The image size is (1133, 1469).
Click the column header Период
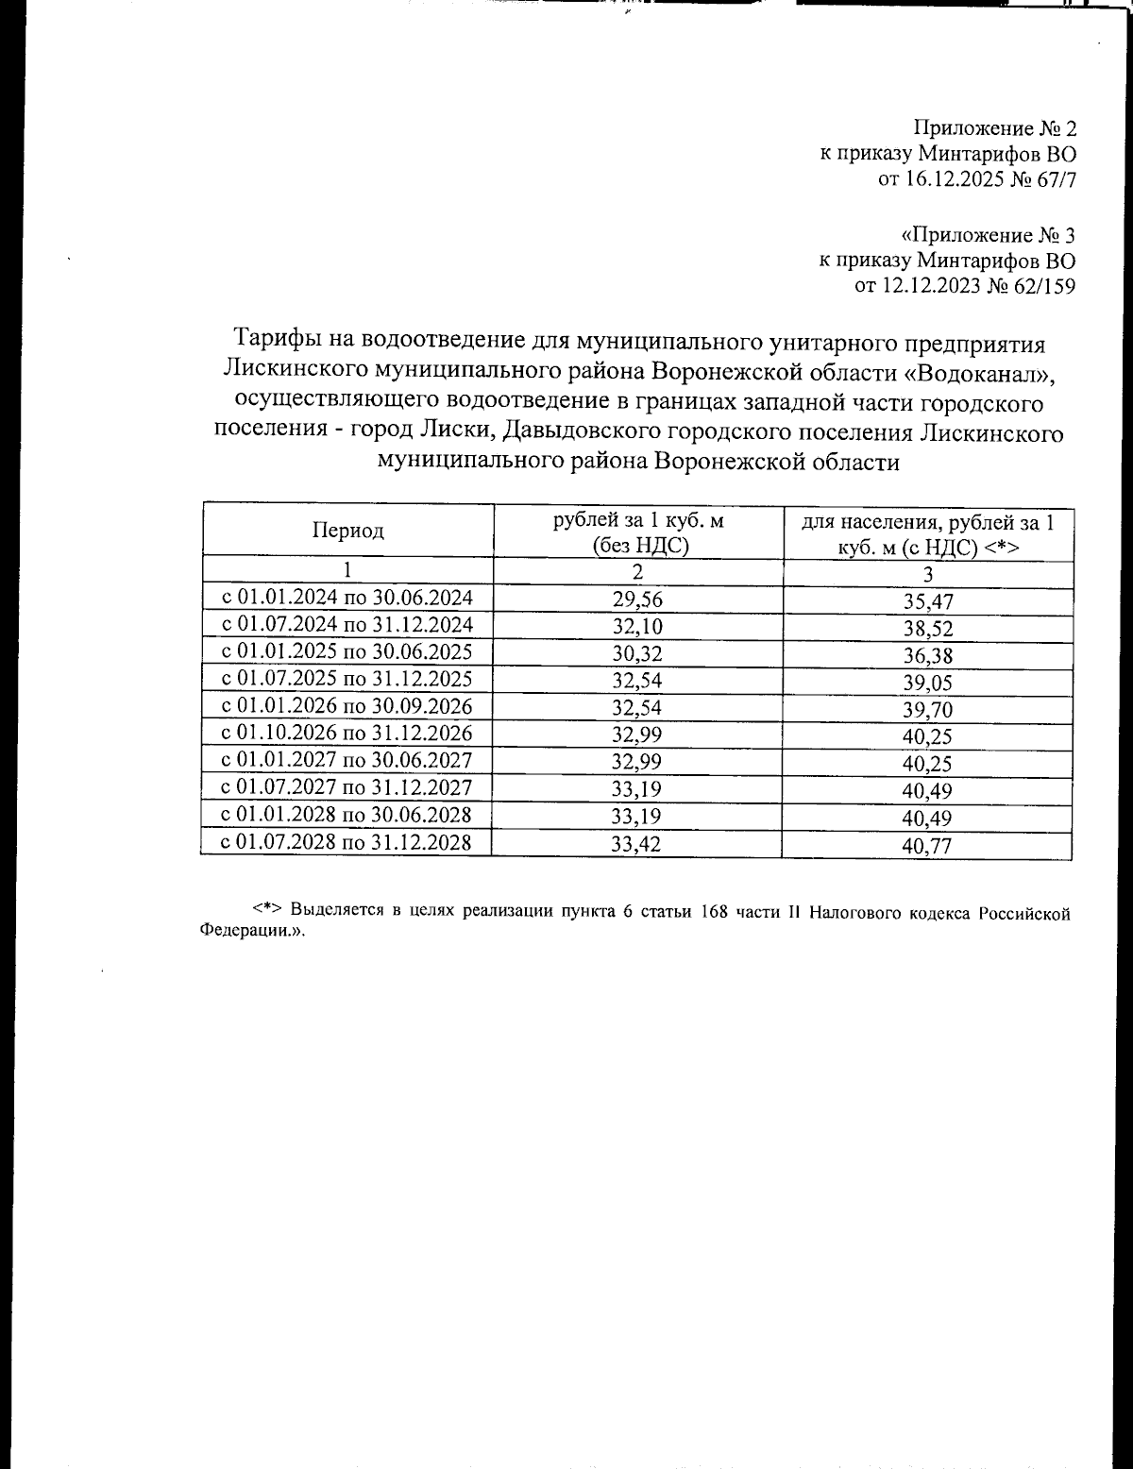pyautogui.click(x=348, y=531)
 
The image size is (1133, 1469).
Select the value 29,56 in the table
pyautogui.click(x=637, y=599)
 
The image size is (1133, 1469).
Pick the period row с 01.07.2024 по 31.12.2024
pyautogui.click(x=347, y=625)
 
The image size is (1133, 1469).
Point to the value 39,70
pyautogui.click(x=927, y=710)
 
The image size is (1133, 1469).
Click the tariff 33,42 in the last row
pyautogui.click(x=637, y=845)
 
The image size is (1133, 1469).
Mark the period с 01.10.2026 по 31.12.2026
pyautogui.click(x=347, y=734)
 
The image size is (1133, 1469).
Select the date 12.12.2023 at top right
pyautogui.click(x=931, y=287)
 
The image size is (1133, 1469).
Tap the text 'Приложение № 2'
pyautogui.click(x=994, y=127)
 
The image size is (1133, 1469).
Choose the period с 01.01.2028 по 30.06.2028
pyautogui.click(x=347, y=815)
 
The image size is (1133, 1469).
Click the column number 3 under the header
pyautogui.click(x=927, y=574)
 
